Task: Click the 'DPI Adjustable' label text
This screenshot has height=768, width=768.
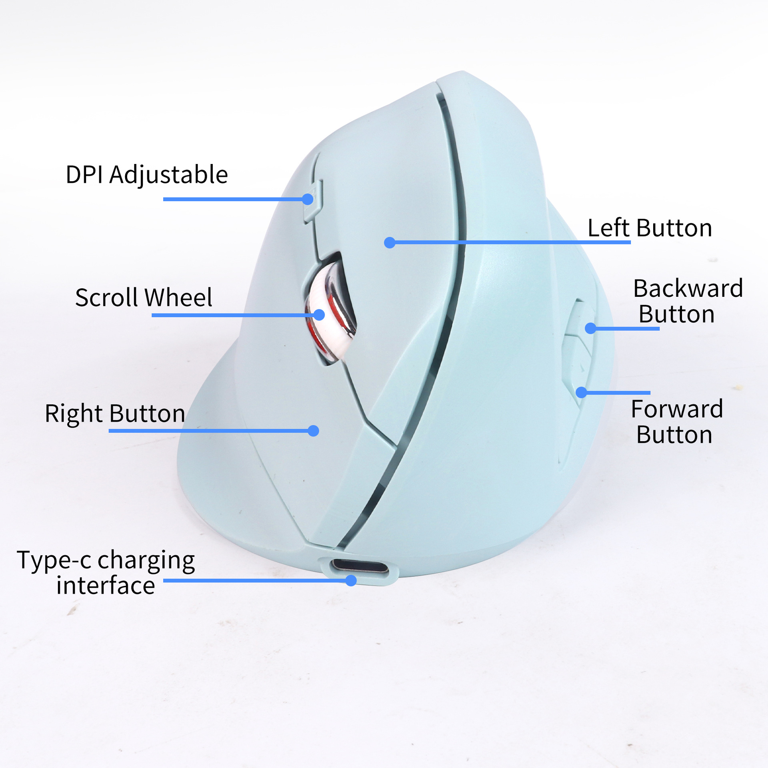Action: click(x=147, y=175)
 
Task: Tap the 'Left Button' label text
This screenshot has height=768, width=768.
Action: click(x=650, y=228)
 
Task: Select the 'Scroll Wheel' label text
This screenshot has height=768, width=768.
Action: click(x=144, y=297)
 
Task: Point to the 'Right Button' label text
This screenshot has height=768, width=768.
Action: click(x=115, y=413)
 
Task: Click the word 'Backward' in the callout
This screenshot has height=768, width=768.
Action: click(x=688, y=288)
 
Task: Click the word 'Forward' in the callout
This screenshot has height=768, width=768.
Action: click(x=677, y=409)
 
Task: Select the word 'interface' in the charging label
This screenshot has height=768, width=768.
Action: click(x=106, y=586)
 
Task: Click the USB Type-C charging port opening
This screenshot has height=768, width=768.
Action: click(x=359, y=567)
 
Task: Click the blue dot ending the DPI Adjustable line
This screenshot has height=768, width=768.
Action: click(x=308, y=199)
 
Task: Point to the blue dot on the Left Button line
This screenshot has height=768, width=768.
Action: click(x=390, y=242)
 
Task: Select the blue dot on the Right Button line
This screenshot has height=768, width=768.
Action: click(x=314, y=431)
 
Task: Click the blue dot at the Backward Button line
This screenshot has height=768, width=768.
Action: click(x=590, y=328)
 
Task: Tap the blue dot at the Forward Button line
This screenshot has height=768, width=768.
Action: click(x=581, y=392)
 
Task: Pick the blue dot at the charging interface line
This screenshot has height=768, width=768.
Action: click(x=351, y=580)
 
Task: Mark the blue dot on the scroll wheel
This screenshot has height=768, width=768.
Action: click(x=319, y=315)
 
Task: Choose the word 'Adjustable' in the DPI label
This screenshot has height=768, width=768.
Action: click(x=168, y=175)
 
